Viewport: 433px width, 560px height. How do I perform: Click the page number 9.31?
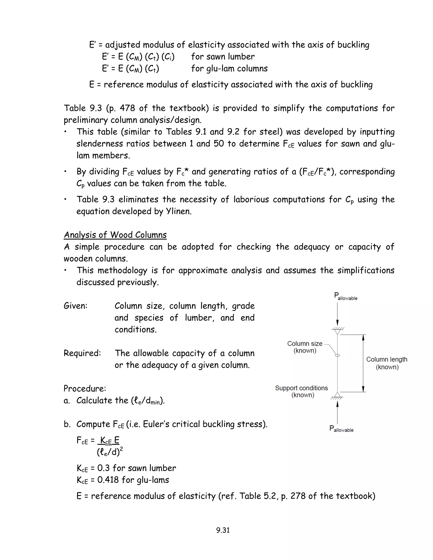click(223, 530)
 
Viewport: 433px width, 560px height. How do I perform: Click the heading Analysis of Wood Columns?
click(115, 235)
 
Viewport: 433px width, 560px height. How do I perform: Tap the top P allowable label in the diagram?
click(345, 296)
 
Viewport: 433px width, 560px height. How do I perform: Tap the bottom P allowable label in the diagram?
click(341, 429)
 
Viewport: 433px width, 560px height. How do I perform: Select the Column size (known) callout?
click(305, 347)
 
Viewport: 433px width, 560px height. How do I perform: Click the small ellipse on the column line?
click(338, 355)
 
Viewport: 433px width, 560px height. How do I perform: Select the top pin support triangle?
click(338, 332)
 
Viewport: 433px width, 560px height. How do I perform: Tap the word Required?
click(82, 353)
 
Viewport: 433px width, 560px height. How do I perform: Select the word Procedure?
click(85, 388)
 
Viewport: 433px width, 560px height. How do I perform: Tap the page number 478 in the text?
click(127, 108)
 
